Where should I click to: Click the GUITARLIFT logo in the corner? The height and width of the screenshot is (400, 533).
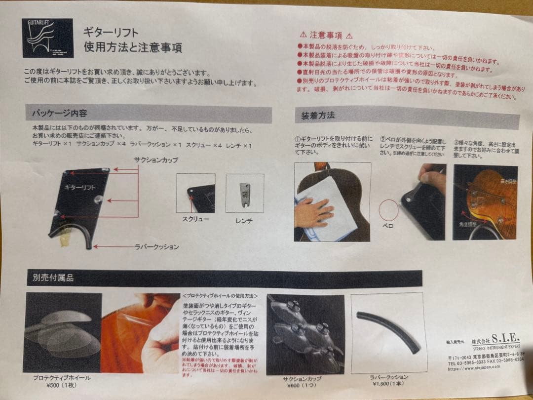[x=47, y=38]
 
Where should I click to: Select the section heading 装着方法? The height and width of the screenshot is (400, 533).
[x=318, y=116]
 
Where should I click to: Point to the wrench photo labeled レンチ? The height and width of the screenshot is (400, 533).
[x=244, y=193]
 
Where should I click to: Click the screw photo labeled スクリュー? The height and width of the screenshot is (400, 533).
[x=195, y=193]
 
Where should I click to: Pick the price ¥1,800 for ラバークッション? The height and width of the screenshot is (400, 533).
[x=388, y=384]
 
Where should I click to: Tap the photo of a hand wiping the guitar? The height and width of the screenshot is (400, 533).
[x=332, y=202]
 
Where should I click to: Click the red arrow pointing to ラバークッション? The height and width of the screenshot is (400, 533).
[x=113, y=246]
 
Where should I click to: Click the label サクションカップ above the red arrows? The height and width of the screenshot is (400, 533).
[x=155, y=160]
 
